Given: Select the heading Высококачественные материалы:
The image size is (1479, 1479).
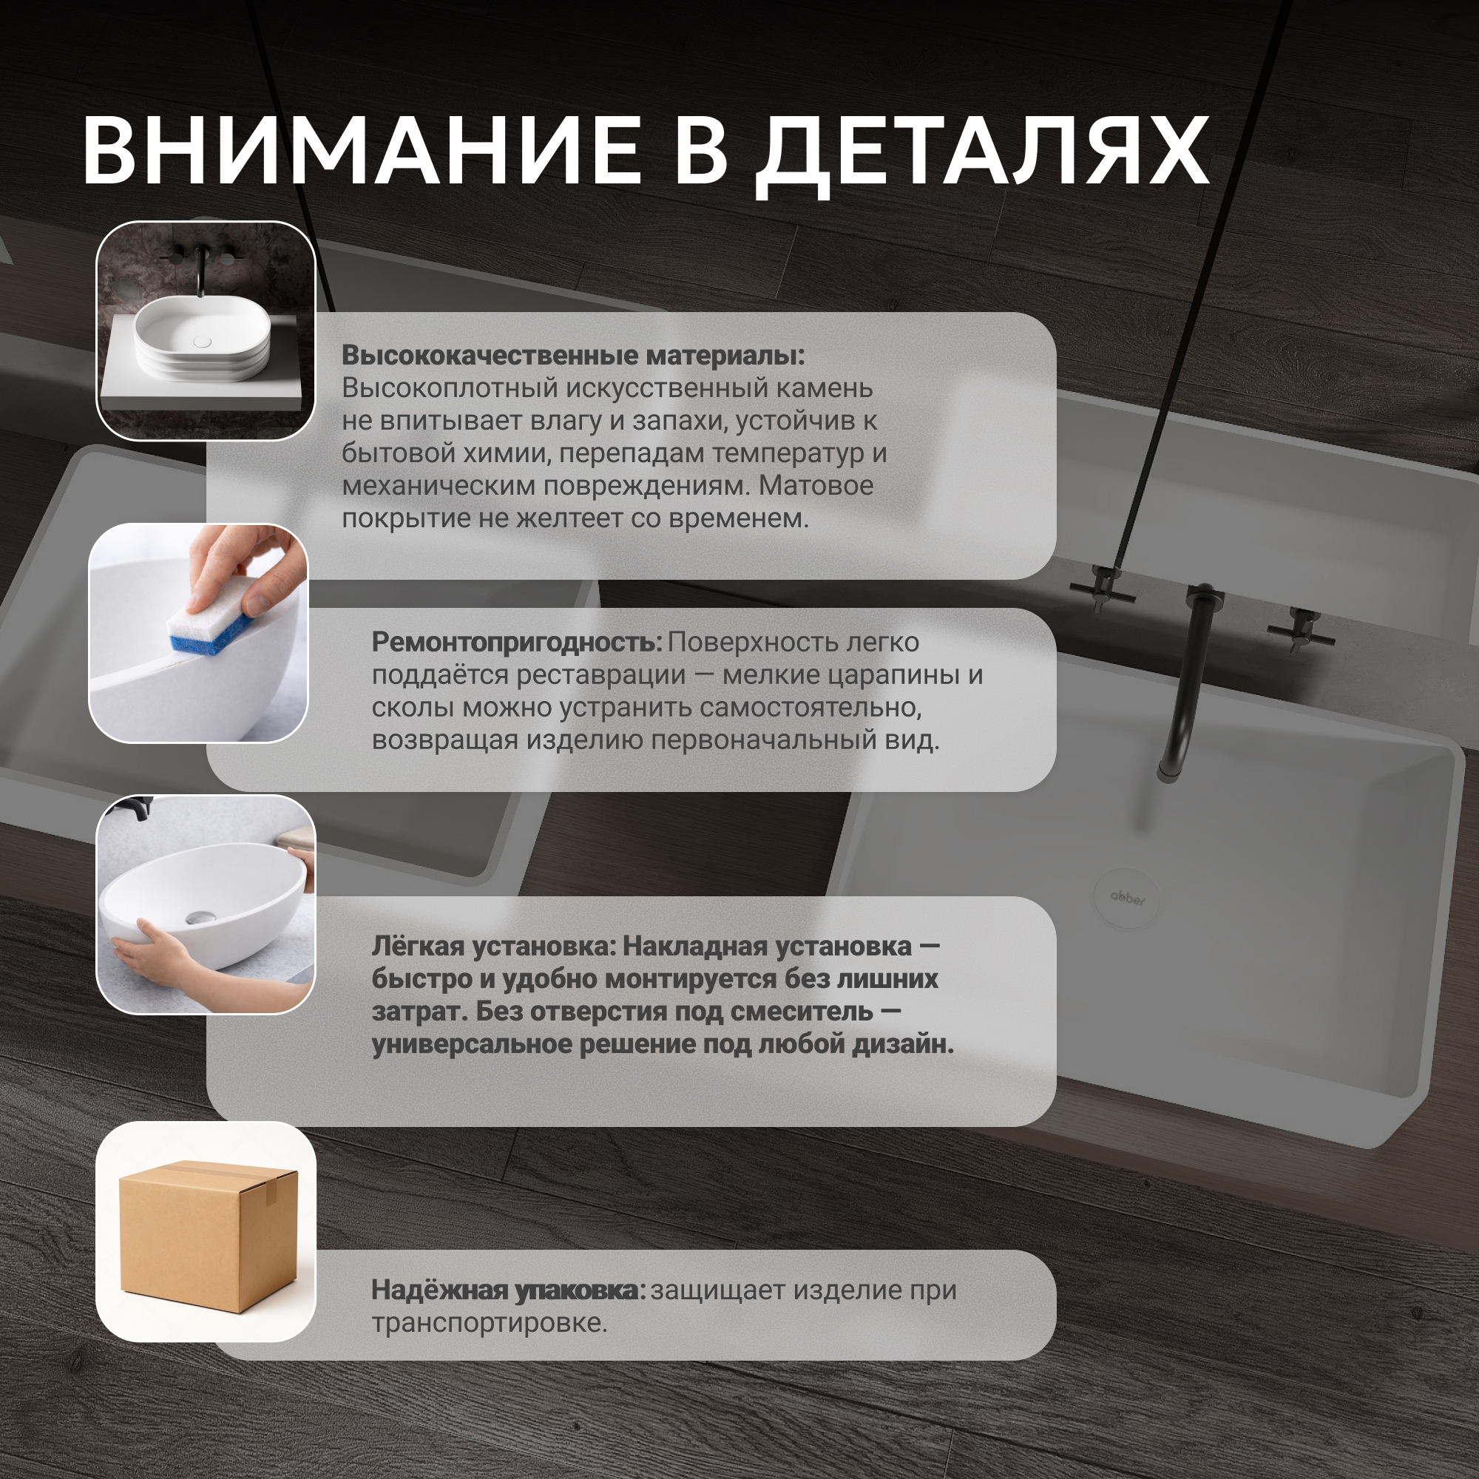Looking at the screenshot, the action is [572, 355].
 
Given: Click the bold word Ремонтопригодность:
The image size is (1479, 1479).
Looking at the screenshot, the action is [517, 643].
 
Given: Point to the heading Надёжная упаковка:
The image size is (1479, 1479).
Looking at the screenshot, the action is [508, 1290].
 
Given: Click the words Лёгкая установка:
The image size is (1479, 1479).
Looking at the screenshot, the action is [494, 947].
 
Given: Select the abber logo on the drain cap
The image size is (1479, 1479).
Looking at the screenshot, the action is [1128, 897].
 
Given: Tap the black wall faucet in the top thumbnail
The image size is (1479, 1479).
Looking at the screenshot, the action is [201, 264].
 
